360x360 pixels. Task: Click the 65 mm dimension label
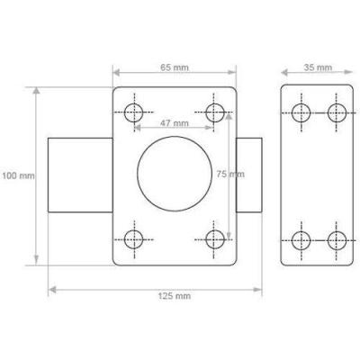point(175,67)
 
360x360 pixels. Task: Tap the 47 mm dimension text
point(175,123)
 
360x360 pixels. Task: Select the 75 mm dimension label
point(230,174)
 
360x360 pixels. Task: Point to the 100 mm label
point(18,175)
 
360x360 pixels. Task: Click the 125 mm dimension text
point(175,296)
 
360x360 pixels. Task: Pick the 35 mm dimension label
point(318,67)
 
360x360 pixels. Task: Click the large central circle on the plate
point(175,137)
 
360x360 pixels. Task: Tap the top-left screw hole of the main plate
point(134,103)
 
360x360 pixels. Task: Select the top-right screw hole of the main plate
point(215,103)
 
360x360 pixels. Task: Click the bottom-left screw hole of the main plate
point(134,230)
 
